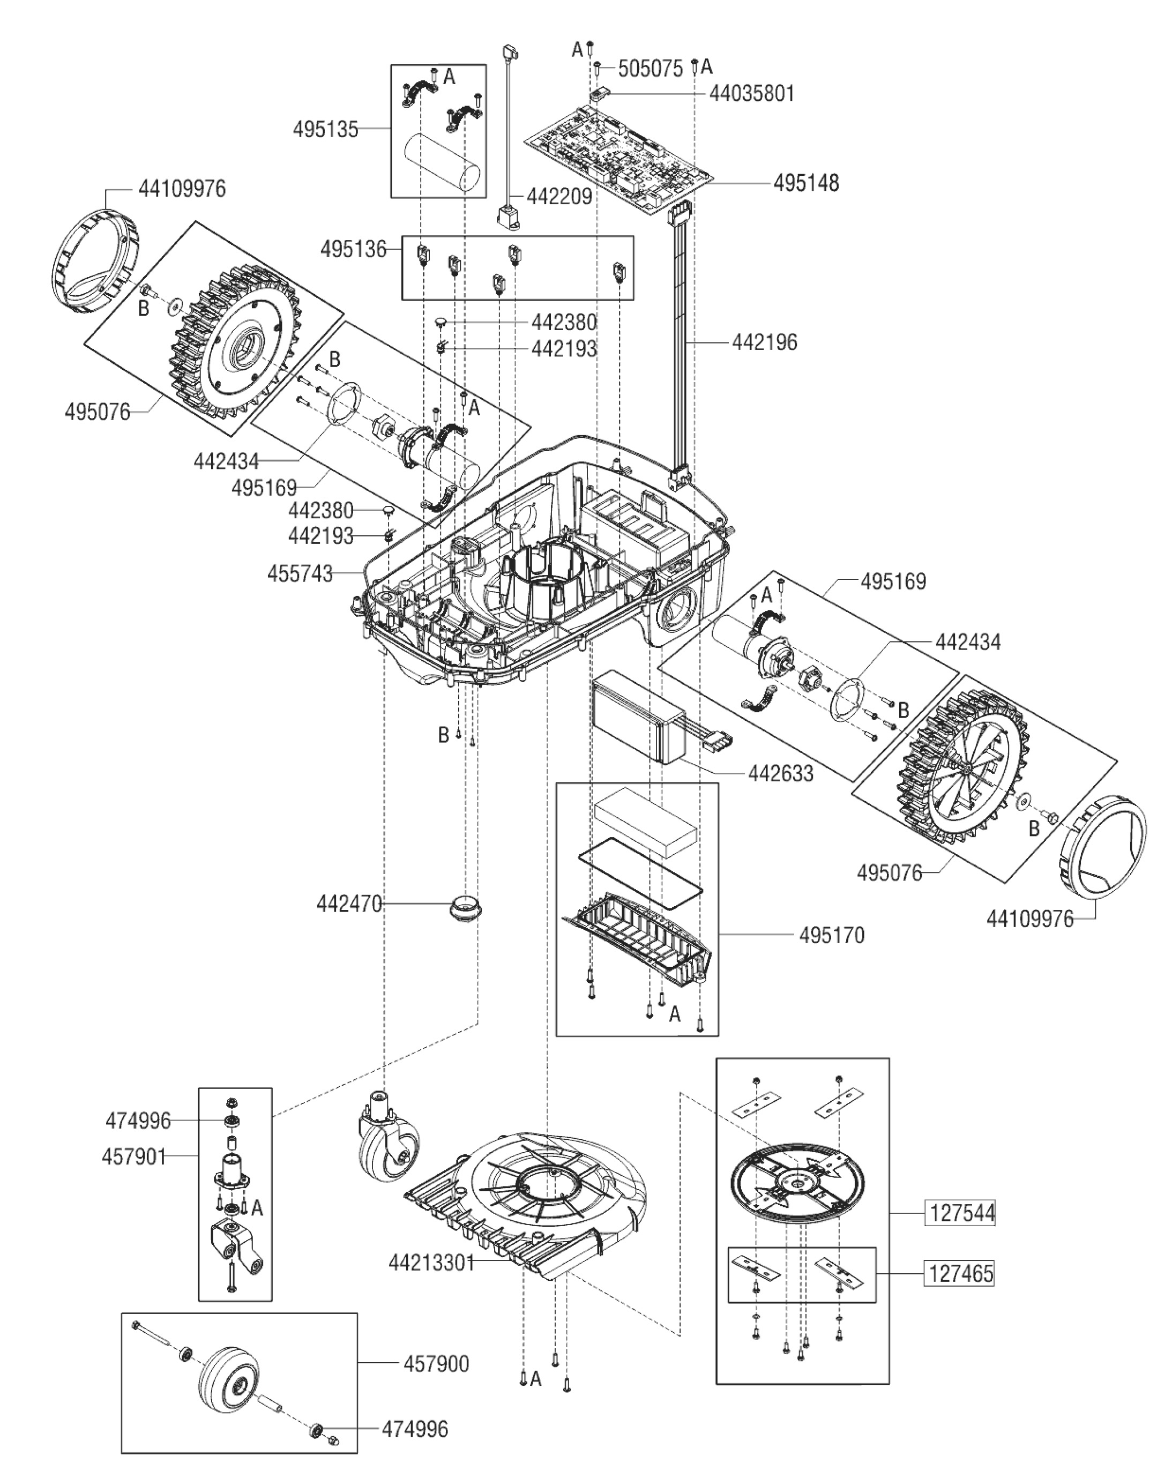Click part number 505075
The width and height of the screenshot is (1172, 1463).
point(650,69)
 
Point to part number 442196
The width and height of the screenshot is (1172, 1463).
point(764,342)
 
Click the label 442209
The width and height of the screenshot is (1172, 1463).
point(559,196)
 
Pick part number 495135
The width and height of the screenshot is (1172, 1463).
point(325,129)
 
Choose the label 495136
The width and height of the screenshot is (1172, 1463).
point(353,250)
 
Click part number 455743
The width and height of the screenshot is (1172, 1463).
point(300,573)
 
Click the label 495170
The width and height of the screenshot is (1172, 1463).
point(831,935)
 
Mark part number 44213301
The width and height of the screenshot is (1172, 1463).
point(431,1263)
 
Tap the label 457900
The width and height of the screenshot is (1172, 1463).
point(436,1363)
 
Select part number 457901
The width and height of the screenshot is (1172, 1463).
point(133,1156)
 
